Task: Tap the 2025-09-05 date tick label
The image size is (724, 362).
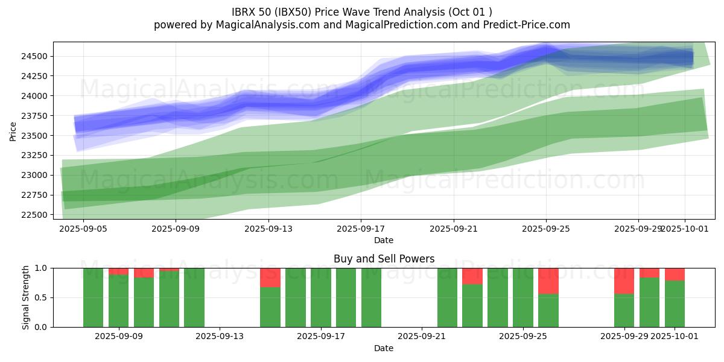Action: click(83, 229)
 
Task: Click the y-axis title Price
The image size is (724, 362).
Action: click(13, 130)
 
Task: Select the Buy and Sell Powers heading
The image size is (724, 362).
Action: click(384, 259)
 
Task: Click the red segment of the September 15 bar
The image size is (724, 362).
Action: click(270, 278)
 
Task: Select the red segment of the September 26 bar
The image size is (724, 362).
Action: click(548, 281)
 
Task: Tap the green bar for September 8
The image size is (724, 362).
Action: click(94, 297)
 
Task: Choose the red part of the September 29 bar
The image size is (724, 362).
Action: click(624, 281)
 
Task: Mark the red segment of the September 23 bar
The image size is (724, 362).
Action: click(472, 276)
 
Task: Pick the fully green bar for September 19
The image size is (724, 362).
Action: click(371, 297)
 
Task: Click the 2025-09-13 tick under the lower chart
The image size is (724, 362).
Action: click(220, 337)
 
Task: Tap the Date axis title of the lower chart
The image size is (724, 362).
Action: click(384, 348)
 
